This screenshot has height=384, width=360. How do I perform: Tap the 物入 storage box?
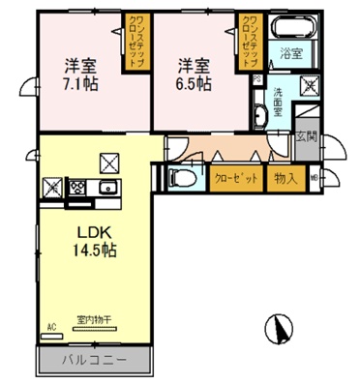285,178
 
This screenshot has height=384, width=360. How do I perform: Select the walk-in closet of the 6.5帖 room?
251,43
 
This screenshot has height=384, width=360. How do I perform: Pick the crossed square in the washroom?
308,84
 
